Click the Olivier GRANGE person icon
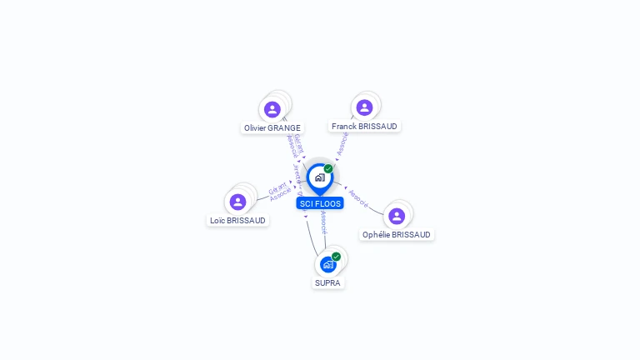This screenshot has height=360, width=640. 272,109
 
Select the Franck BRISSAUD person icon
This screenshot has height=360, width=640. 364,107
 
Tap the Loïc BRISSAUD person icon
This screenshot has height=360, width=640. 237,202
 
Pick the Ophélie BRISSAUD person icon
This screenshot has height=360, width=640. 397,216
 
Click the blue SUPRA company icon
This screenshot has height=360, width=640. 328,264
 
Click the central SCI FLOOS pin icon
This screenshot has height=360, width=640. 319,177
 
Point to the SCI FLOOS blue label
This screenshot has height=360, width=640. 319,203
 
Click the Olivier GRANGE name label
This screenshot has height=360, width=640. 272,128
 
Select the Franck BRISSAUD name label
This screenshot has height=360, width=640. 364,127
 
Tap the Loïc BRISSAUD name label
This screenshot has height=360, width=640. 238,221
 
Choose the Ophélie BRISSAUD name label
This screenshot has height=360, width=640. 397,235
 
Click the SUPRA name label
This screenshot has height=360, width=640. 327,283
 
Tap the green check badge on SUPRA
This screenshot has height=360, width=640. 336,257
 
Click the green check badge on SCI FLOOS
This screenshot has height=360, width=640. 328,169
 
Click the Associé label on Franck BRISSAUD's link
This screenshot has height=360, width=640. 342,143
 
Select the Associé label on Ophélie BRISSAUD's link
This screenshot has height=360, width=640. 359,197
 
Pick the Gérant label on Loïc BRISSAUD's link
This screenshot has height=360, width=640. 277,187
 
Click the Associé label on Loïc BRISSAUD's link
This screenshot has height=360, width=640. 281,194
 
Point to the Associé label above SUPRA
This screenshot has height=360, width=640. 323,221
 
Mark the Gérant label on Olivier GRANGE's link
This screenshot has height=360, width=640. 297,142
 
